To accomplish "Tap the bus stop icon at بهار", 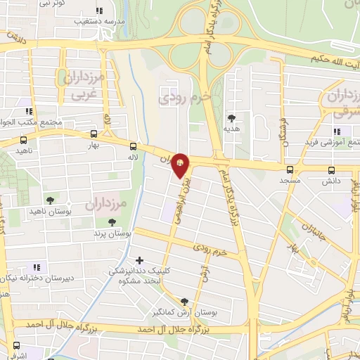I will point(94,134).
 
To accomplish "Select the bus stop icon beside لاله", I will point(133,146).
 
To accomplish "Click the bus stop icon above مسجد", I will point(290,169).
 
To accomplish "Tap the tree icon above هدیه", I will point(231,118).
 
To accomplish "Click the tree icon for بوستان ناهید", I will point(49,200).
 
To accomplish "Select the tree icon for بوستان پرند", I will point(104,222).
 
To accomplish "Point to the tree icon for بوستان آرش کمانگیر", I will point(185,300).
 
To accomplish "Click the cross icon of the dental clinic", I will point(139,261).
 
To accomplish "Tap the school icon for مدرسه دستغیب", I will point(98,11).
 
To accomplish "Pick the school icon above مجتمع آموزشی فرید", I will point(337,131).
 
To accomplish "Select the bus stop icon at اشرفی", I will point(15,346).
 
